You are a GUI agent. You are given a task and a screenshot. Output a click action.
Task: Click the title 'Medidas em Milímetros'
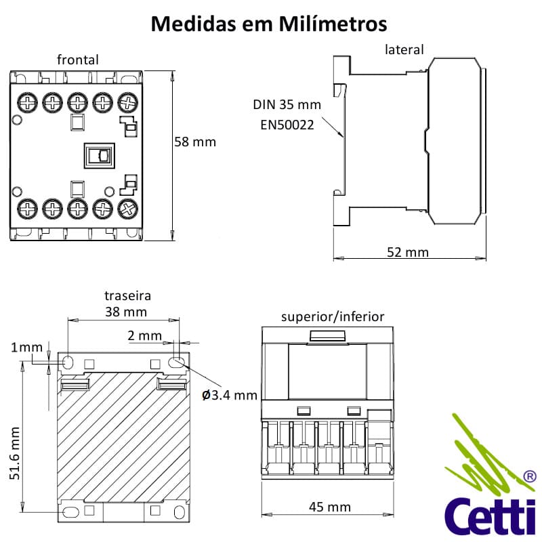coord(269,24)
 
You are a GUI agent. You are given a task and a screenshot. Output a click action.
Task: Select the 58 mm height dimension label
coord(195,142)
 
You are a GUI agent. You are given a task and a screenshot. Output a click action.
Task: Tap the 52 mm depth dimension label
coord(408,252)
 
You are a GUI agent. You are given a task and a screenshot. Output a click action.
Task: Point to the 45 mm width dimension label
coord(330,507)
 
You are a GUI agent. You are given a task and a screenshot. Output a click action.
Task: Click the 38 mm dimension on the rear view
coord(126,312)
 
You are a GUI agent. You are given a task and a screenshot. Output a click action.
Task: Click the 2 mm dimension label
coord(144,335)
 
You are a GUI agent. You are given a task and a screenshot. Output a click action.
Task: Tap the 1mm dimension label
coord(26,348)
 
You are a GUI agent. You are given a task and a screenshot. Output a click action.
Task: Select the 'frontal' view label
coord(78,60)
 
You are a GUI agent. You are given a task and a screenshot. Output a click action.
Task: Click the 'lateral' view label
coord(404,49)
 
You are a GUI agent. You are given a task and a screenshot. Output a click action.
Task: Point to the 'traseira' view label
coord(127,296)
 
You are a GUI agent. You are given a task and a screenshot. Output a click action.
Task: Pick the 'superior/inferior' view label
coord(333,316)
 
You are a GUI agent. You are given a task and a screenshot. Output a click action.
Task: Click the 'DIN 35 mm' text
coord(287,105)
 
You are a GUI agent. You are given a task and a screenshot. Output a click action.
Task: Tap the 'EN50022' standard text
coord(287,125)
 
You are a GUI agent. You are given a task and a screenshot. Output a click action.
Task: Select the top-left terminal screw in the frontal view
coord(28,102)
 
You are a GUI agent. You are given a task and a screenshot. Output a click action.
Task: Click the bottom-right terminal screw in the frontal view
coord(127,207)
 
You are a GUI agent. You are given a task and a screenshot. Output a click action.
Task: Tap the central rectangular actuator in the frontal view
coord(99,155)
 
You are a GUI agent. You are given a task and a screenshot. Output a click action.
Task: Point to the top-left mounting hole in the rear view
coord(69,362)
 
